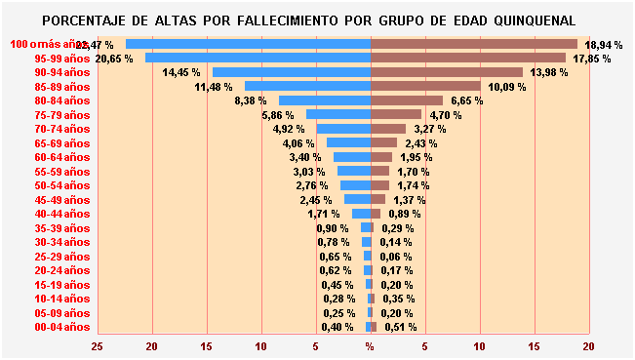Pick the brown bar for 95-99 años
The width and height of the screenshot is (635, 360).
(x=467, y=58)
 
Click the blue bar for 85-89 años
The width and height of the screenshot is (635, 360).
(x=307, y=87)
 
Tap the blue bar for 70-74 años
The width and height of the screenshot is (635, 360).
(x=343, y=129)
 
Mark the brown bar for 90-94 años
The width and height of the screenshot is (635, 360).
(x=446, y=72)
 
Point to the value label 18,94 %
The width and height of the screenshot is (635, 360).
(x=604, y=45)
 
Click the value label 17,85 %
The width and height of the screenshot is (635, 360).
(x=591, y=59)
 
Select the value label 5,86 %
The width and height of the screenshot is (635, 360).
(x=278, y=115)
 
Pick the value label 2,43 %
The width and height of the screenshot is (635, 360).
(x=421, y=143)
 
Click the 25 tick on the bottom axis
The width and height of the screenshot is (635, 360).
(x=98, y=346)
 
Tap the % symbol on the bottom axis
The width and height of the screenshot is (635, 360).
(x=370, y=346)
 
